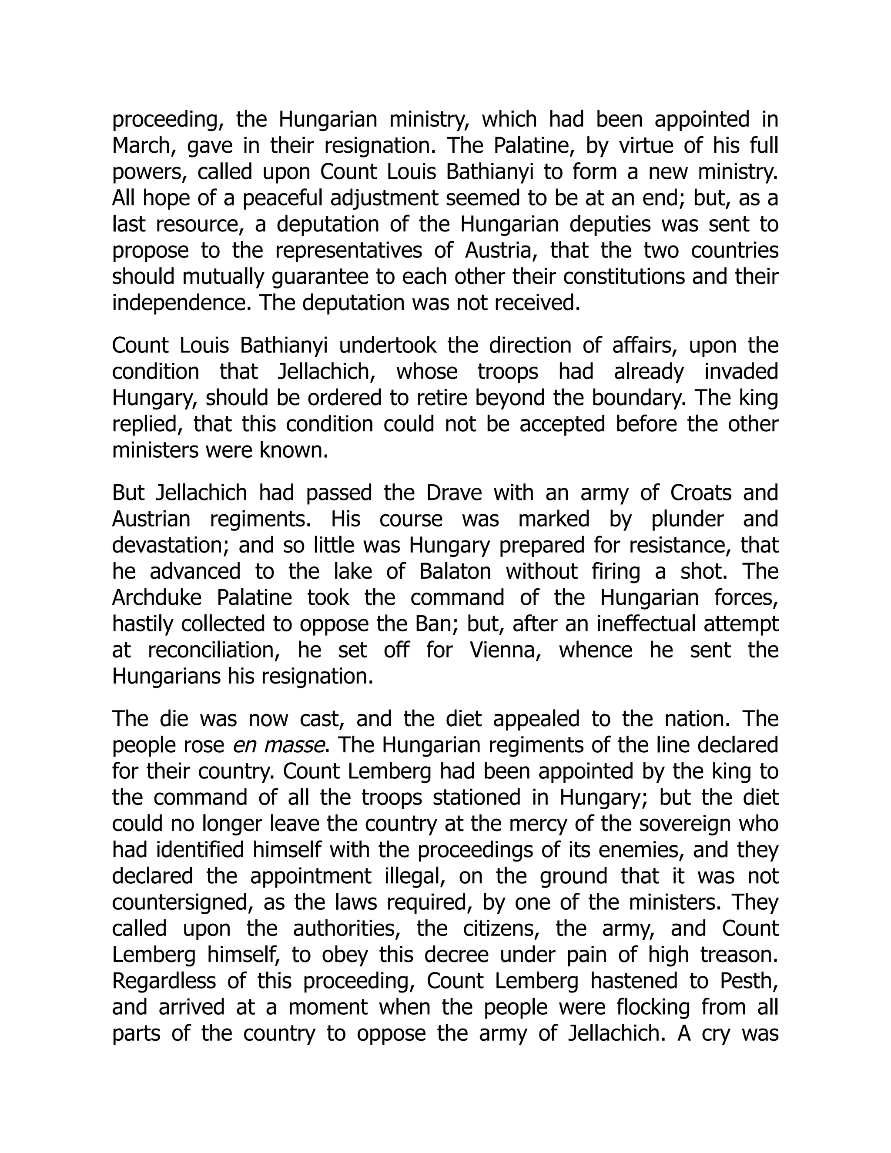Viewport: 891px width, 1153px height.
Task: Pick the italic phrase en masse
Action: pyautogui.click(x=278, y=745)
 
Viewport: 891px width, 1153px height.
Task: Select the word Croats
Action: pyautogui.click(x=700, y=493)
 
